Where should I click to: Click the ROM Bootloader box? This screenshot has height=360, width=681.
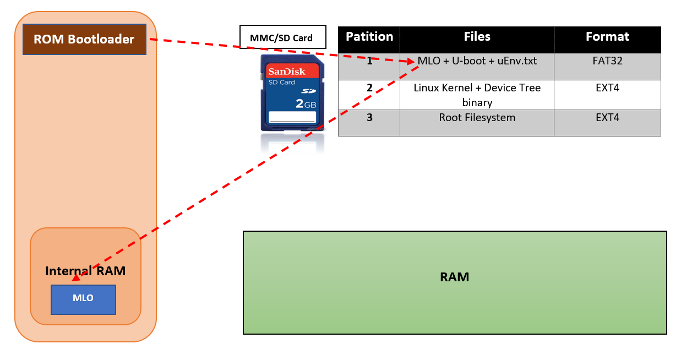coord(84,40)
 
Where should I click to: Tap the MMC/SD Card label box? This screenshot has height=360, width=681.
coord(282,38)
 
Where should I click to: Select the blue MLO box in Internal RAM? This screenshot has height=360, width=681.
coord(83,299)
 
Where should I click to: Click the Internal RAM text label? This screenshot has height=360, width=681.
coord(85,271)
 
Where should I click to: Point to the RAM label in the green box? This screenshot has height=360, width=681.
coord(454,277)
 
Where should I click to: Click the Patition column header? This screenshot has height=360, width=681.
coord(369,37)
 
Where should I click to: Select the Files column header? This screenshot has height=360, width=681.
coord(477,37)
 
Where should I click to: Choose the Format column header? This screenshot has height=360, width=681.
coord(607,37)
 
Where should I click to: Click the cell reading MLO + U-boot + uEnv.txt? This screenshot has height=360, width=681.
coord(477,61)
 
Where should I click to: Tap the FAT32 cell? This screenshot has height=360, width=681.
coord(607,61)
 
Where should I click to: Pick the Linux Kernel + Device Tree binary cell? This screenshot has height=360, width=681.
coord(477,95)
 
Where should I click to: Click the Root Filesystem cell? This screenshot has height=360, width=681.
coord(477,117)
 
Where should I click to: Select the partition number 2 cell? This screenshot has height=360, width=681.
coord(369,88)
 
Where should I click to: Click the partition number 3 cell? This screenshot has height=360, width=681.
coord(369,117)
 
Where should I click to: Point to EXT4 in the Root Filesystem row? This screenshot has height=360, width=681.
coord(607,117)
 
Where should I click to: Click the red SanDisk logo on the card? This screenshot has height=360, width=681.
coord(286,72)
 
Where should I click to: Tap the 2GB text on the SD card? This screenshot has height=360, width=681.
coord(306,103)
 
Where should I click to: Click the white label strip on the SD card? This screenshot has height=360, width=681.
coord(292,117)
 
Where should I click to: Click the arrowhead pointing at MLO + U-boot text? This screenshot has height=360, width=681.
coord(411,62)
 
